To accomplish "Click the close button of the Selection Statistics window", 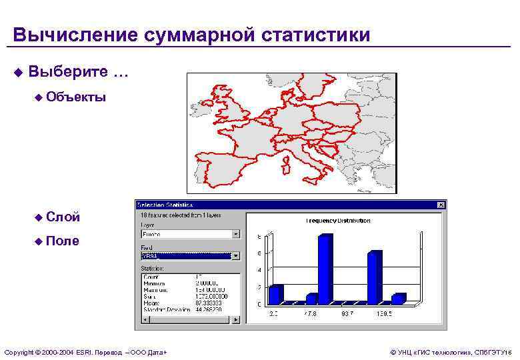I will click(440, 205).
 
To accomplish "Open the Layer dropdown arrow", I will click(235, 234).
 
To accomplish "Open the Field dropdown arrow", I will click(235, 255).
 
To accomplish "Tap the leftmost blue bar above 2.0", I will click(275, 294).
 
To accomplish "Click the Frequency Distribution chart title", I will click(339, 221).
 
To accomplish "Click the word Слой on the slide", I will click(64, 217).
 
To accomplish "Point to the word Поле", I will click(64, 241).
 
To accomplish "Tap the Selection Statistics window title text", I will click(165, 205).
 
